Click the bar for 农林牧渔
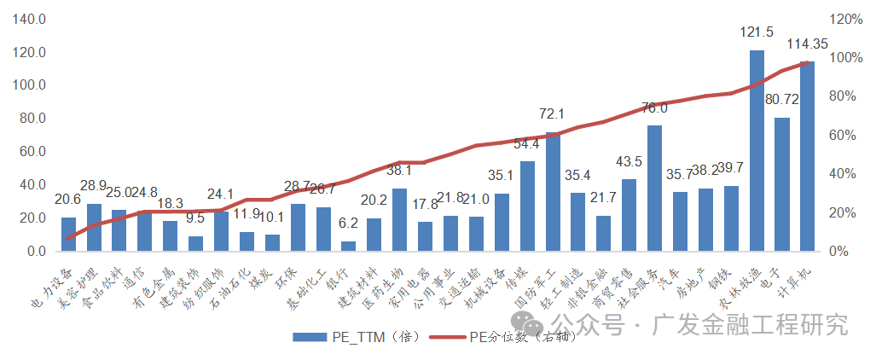(757, 151)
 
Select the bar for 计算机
(807, 157)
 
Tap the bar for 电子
(782, 184)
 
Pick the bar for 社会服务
(654, 189)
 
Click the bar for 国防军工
(553, 192)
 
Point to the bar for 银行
(348, 247)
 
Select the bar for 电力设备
(68, 235)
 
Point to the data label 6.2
(348, 224)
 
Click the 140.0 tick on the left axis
(29, 19)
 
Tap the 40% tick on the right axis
(839, 174)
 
